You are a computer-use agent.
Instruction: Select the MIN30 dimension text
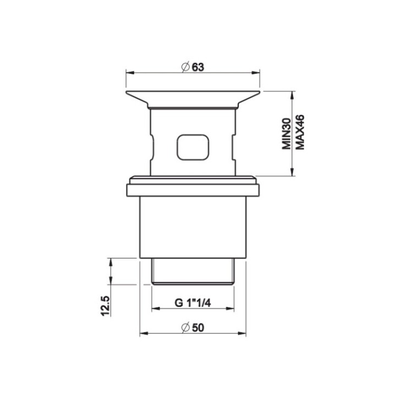pos(286,134)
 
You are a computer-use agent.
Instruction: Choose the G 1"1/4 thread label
pos(193,303)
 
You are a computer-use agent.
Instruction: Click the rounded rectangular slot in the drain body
pos(193,147)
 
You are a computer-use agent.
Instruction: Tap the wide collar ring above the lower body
pos(193,190)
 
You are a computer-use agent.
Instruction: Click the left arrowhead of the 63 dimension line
pos(129,72)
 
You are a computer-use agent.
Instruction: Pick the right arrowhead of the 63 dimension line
pos(257,72)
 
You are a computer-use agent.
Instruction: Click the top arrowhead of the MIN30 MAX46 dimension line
pos(291,94)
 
